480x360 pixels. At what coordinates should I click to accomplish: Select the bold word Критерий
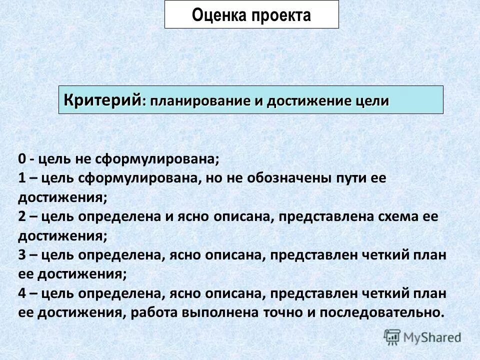(x=102, y=99)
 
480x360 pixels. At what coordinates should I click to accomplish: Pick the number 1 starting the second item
(x=22, y=178)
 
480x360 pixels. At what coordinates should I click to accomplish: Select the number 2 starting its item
(x=22, y=217)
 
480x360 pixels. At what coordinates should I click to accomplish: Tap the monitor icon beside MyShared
(x=392, y=337)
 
